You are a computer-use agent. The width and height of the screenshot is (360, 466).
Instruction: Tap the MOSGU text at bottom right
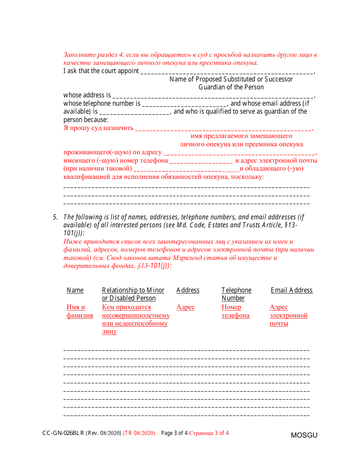[x=304, y=435]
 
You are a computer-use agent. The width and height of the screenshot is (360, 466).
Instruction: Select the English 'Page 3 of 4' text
[x=174, y=433]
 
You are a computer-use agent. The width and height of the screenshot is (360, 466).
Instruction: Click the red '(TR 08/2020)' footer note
[x=139, y=433]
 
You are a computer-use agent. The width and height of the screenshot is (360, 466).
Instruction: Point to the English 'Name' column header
[x=75, y=290]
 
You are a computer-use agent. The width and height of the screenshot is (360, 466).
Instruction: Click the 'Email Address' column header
[x=291, y=290]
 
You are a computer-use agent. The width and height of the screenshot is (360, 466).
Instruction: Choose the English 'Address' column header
[x=188, y=290]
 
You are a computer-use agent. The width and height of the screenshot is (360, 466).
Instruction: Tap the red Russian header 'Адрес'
[x=185, y=307]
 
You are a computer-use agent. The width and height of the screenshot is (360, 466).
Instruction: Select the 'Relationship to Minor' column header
[x=133, y=290]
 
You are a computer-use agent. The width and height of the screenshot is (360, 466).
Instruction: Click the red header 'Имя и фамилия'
[x=80, y=311]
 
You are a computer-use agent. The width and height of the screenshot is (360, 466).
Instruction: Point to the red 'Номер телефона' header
[x=235, y=311]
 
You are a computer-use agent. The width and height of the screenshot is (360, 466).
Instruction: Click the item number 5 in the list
[x=55, y=217]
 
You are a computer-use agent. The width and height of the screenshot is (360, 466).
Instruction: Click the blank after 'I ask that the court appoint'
[x=227, y=72]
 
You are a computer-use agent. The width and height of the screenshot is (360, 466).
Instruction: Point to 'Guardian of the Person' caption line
[x=231, y=87]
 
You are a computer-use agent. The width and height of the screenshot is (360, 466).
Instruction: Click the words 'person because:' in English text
[x=86, y=120]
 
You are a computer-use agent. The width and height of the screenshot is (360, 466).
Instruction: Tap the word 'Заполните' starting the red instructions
[x=77, y=55]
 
